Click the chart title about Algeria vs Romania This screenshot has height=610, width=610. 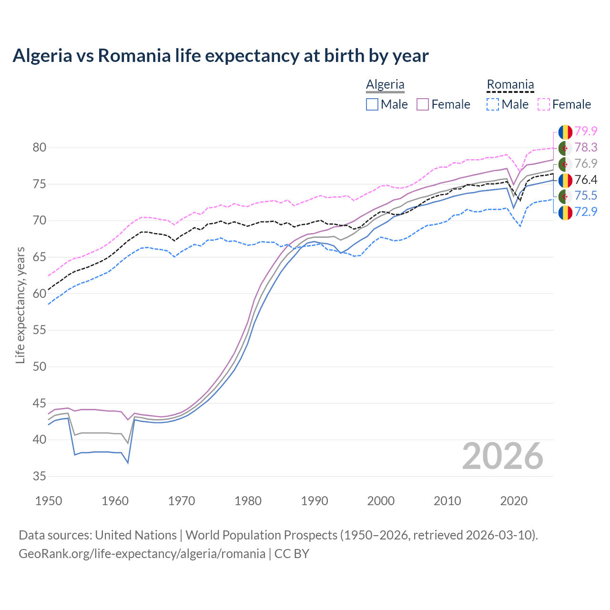[x=221, y=56]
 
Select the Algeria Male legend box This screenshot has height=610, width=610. [x=372, y=104]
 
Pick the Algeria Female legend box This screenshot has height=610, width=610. [x=423, y=104]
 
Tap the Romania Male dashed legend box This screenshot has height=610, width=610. [x=493, y=104]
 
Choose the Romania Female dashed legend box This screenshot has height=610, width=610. [x=544, y=104]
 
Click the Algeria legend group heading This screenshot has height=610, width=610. [x=385, y=85]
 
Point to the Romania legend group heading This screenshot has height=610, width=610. [x=510, y=85]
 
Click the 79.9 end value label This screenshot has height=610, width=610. [x=586, y=131]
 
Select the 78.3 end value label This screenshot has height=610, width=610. [x=586, y=148]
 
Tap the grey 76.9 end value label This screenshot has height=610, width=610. [x=586, y=163]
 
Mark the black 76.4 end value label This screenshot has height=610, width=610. [x=586, y=180]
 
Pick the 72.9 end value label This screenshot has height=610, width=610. [x=586, y=212]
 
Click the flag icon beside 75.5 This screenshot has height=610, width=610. [x=565, y=196]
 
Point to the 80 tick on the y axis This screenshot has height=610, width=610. [x=40, y=148]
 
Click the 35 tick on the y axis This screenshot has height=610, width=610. [x=40, y=476]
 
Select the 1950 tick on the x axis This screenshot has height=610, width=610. [x=49, y=501]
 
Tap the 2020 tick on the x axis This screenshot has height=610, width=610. [x=514, y=501]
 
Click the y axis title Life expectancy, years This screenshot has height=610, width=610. [x=20, y=305]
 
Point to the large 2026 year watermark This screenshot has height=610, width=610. [x=503, y=456]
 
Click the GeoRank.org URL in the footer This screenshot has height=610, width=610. [x=142, y=554]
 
